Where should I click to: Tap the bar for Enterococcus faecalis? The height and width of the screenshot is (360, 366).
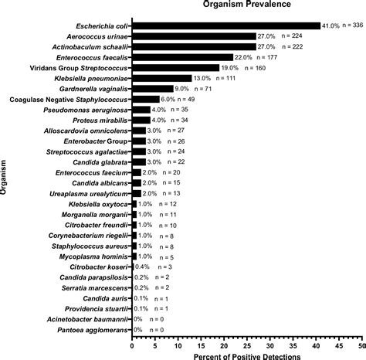182,57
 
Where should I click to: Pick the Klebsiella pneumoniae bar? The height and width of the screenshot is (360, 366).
162,78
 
